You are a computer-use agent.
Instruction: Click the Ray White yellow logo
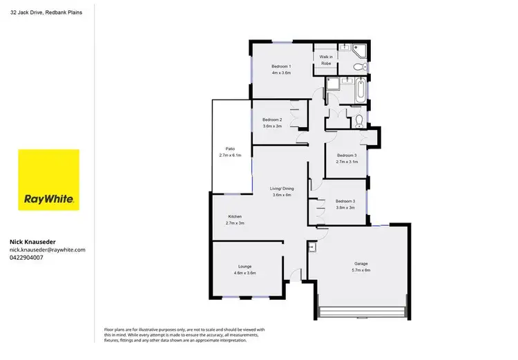(49, 180)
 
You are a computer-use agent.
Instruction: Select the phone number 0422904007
(26, 257)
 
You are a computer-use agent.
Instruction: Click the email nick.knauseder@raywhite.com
(47, 249)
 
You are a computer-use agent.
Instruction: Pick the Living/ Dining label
(282, 188)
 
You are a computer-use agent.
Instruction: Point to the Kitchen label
(236, 217)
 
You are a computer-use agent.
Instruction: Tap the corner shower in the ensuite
(358, 50)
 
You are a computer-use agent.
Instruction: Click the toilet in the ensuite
(358, 67)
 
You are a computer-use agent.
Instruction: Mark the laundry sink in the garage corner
(312, 246)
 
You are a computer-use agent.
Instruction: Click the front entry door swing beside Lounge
(296, 274)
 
